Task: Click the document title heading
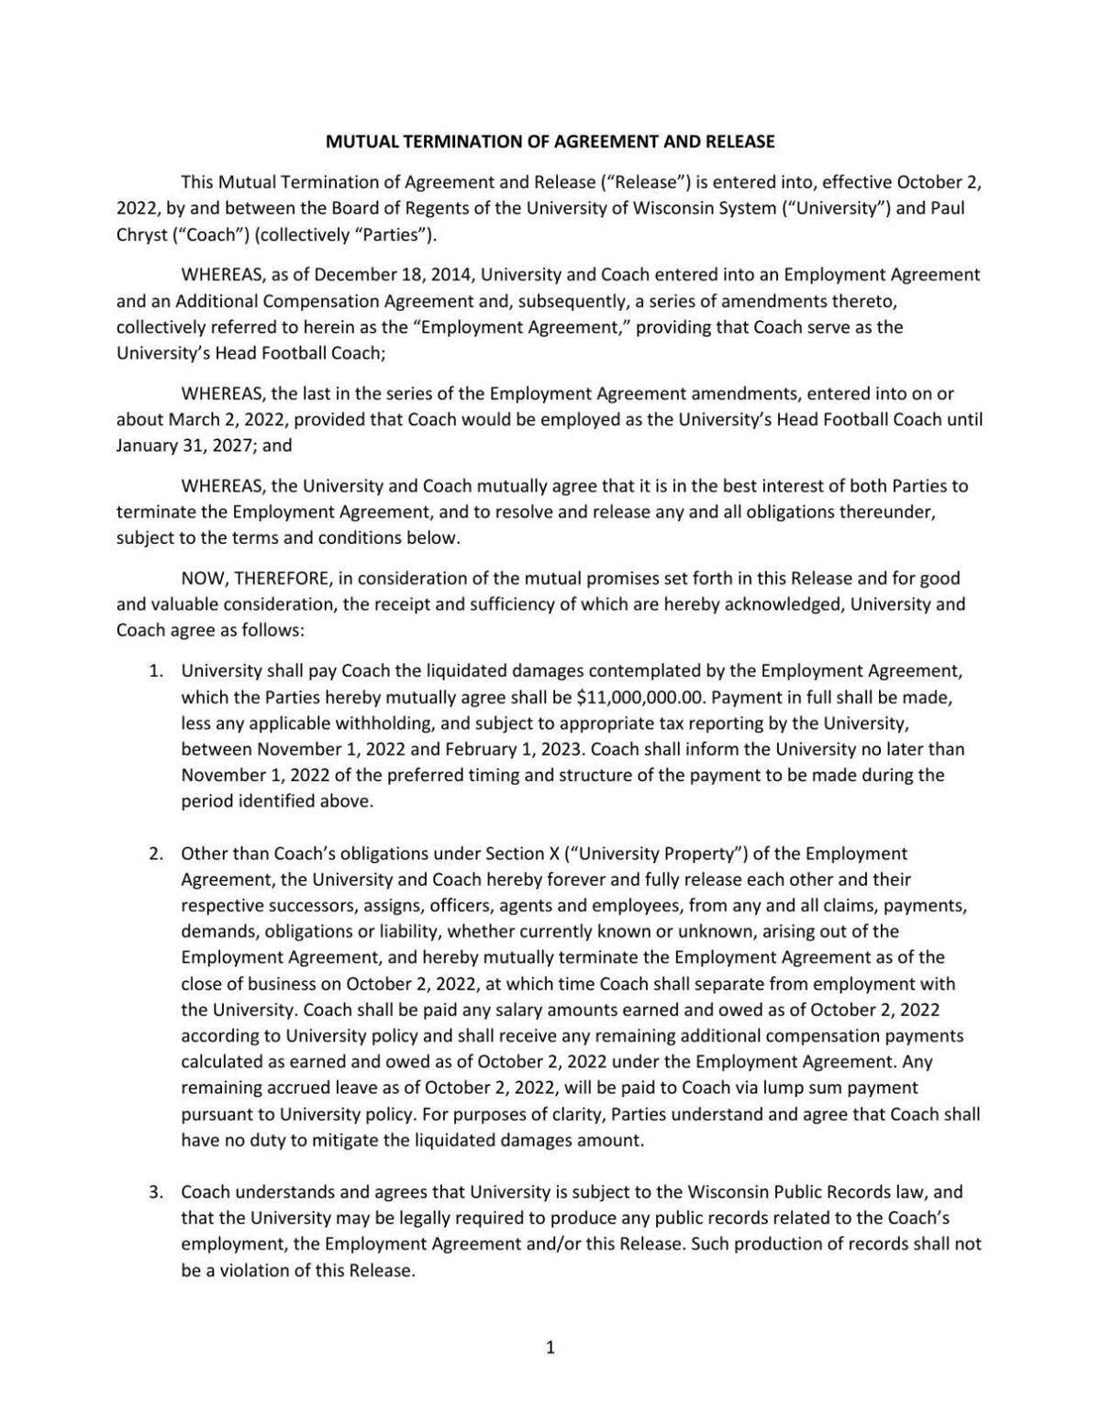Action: [x=550, y=141]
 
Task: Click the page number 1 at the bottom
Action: [x=550, y=1347]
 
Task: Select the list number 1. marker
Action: [x=156, y=670]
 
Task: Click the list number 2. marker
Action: [x=156, y=853]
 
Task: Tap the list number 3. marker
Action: [x=156, y=1192]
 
